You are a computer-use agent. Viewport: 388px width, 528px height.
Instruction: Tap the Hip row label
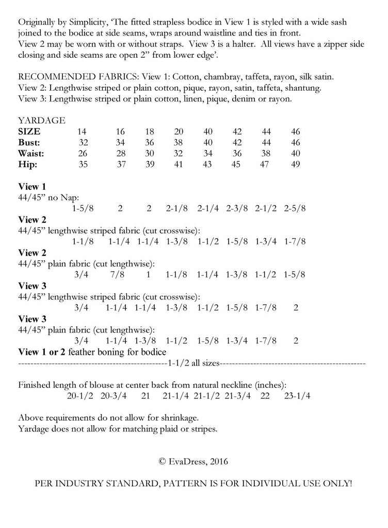[27, 164]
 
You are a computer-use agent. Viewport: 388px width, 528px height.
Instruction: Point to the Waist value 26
[83, 154]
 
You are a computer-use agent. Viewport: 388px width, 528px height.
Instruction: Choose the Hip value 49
[296, 164]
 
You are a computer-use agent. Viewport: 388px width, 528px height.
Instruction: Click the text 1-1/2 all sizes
[194, 364]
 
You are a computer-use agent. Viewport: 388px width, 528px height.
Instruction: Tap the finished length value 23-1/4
[297, 397]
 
